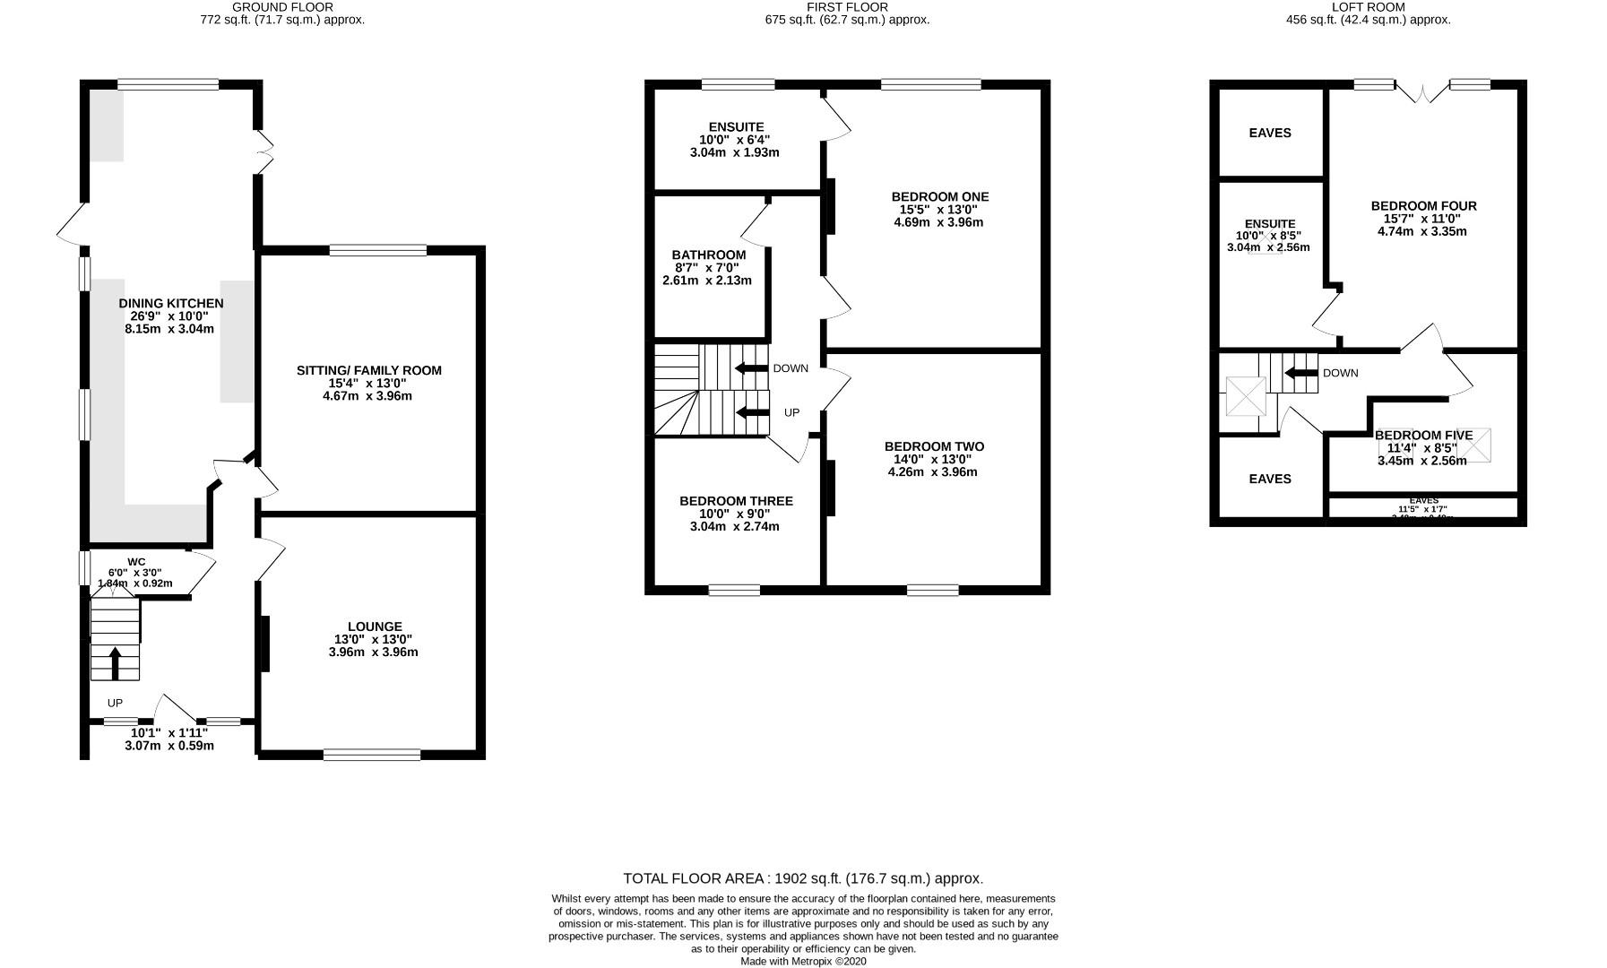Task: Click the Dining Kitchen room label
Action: coord(170,304)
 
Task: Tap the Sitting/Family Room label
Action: coord(368,370)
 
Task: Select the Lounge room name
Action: coord(375,627)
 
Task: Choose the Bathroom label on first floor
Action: coord(708,255)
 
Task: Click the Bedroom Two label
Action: coord(933,446)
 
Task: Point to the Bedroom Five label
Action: coord(1423,436)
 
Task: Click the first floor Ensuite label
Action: coord(735,127)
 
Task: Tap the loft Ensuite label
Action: coord(1269,224)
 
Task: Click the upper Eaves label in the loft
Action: coord(1269,133)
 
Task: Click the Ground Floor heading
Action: coord(282,7)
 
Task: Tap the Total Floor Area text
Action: coord(803,878)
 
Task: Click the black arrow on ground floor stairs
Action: coord(115,662)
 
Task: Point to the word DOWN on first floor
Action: coord(790,368)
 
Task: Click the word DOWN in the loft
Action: coord(1340,373)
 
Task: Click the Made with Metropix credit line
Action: coord(803,962)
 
